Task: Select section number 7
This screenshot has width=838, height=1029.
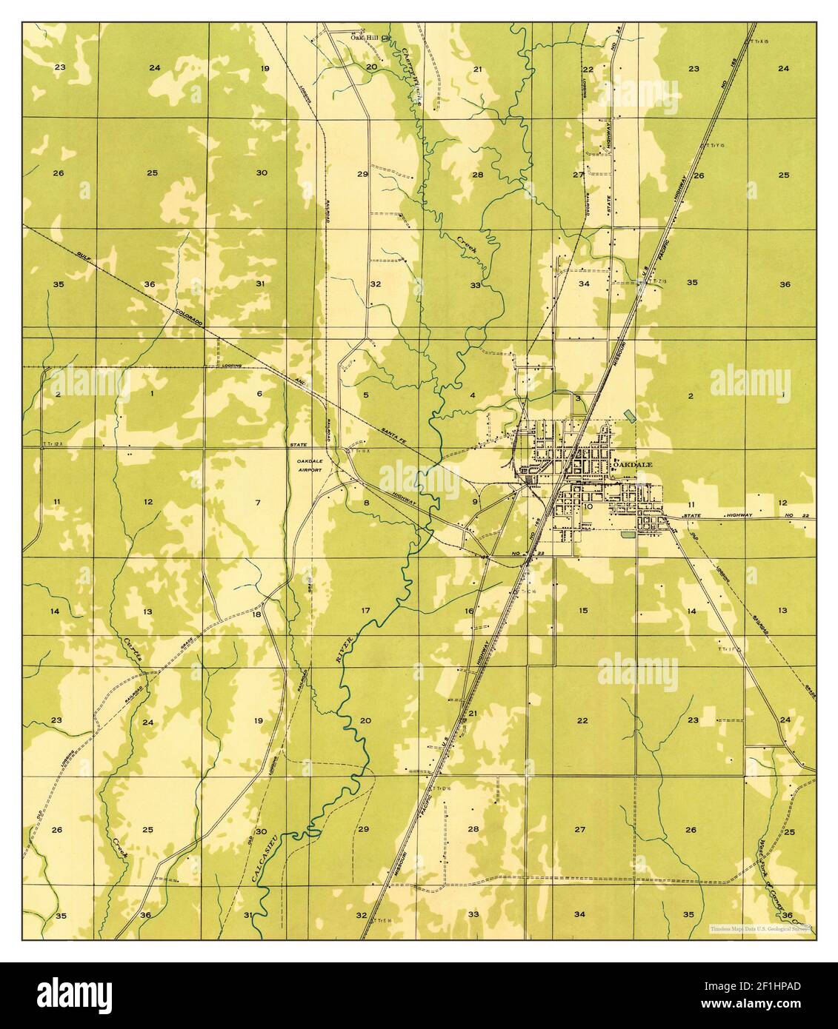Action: click(258, 503)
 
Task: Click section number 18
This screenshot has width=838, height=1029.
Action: click(257, 614)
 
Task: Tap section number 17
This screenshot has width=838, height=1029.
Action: click(365, 611)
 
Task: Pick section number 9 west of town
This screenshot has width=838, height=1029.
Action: click(475, 502)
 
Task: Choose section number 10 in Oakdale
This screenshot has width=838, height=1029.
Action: click(588, 507)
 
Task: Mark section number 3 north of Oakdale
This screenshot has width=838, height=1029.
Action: click(577, 398)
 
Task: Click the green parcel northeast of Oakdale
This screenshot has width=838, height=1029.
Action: click(630, 415)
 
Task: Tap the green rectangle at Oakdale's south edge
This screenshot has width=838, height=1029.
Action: click(628, 533)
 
